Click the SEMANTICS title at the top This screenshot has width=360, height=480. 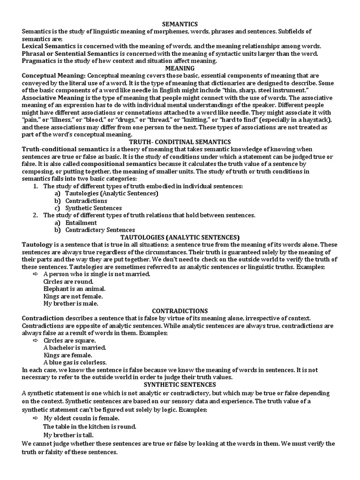point(180,24)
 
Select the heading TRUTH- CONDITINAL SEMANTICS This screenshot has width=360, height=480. point(180,142)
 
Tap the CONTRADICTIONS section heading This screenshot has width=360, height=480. point(180,311)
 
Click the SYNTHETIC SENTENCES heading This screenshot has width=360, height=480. point(180,385)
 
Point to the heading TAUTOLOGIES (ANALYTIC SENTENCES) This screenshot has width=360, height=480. point(180,237)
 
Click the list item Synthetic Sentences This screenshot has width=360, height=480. point(93,208)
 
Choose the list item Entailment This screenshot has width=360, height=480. point(81,223)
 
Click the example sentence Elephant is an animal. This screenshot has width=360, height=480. point(74,289)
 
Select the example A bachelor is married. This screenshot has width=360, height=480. point(75,347)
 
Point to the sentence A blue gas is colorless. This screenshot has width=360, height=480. point(75,362)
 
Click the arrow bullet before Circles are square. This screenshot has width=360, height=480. point(36,340)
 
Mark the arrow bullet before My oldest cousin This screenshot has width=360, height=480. point(36,418)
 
